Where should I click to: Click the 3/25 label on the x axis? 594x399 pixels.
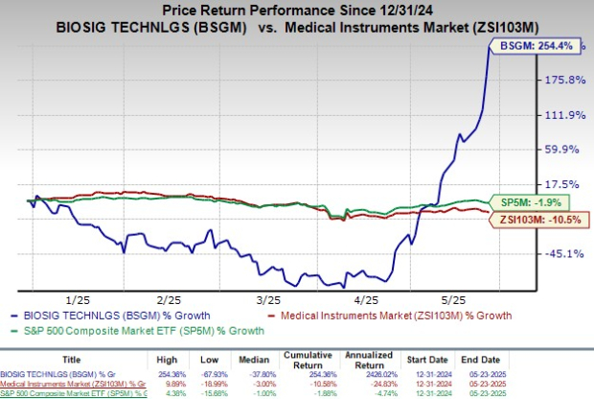coord(265,299)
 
